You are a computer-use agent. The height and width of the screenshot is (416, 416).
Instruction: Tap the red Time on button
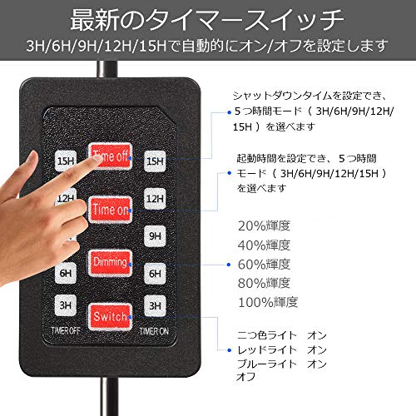pyautogui.click(x=110, y=210)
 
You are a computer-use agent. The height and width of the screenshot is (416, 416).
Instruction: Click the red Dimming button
pyautogui.click(x=110, y=263)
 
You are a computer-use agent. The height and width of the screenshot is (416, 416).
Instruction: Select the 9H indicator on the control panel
pyautogui.click(x=155, y=236)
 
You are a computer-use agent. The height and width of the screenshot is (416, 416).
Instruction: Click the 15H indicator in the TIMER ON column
pyautogui.click(x=155, y=161)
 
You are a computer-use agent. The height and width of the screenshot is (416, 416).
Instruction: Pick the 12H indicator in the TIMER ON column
pyautogui.click(x=155, y=199)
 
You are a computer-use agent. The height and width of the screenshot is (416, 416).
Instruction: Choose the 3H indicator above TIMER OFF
pyautogui.click(x=66, y=305)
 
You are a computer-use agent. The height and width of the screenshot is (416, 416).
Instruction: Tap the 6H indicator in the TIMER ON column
pyautogui.click(x=155, y=274)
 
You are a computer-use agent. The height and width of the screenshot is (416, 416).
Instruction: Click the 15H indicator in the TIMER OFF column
pyautogui.click(x=66, y=161)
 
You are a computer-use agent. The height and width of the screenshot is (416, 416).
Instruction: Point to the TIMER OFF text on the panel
pyautogui.click(x=66, y=330)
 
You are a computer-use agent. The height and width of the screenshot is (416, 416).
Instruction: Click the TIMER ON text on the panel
pyautogui.click(x=154, y=331)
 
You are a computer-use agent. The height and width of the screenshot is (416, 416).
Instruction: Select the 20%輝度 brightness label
pyautogui.click(x=264, y=225)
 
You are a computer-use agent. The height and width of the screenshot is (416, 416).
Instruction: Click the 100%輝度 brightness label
pyautogui.click(x=268, y=302)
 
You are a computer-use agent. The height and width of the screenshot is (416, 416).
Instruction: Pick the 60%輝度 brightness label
pyautogui.click(x=264, y=264)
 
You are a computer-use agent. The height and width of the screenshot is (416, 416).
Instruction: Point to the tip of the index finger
pyautogui.click(x=97, y=157)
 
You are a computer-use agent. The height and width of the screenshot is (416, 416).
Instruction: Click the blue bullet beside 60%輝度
pyautogui.click(x=229, y=265)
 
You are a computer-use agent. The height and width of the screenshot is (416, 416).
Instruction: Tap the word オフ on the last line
pyautogui.click(x=245, y=377)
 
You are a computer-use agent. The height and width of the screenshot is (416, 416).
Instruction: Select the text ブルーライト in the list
pyautogui.click(x=267, y=364)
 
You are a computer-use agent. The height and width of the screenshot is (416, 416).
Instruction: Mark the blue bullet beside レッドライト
pyautogui.click(x=229, y=350)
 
